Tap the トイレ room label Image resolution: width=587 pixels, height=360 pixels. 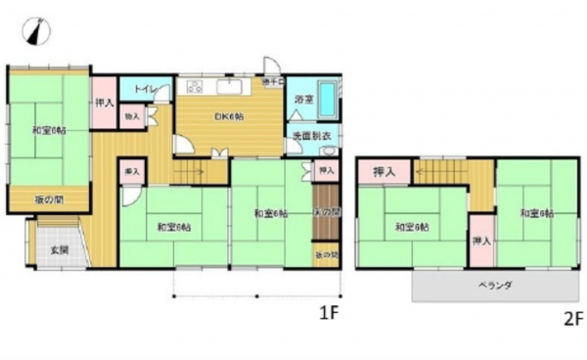coord(139,88)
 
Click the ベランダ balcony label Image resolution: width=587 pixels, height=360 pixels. coord(496,285)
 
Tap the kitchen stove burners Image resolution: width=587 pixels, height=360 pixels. coord(195,85)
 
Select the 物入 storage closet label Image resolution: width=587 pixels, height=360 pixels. coord(132,116)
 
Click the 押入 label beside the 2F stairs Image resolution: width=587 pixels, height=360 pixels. coord(384,172)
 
